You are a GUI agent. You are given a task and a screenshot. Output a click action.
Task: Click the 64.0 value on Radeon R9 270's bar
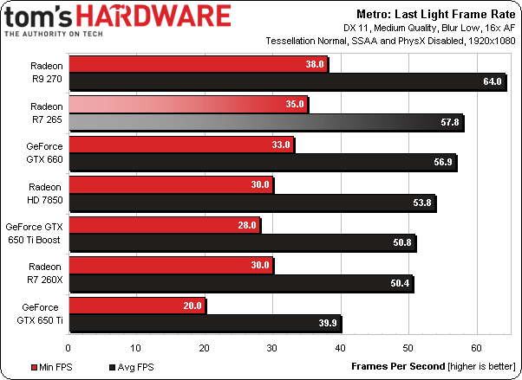point(493,82)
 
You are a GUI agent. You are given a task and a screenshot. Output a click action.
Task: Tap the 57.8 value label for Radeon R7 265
point(450,123)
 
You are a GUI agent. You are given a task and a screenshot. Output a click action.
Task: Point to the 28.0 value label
point(246,224)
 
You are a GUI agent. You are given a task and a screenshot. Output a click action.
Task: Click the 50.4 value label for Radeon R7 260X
point(401,284)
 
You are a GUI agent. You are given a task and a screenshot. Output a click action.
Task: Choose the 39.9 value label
point(329,325)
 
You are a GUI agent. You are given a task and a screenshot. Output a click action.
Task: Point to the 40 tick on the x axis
point(341,348)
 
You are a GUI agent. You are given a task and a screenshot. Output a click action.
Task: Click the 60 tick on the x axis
point(477,348)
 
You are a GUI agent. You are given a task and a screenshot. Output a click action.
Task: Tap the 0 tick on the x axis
point(68,348)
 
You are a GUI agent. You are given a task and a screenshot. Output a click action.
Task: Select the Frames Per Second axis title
point(391,367)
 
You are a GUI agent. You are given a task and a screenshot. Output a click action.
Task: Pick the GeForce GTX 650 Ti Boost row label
point(36,232)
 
